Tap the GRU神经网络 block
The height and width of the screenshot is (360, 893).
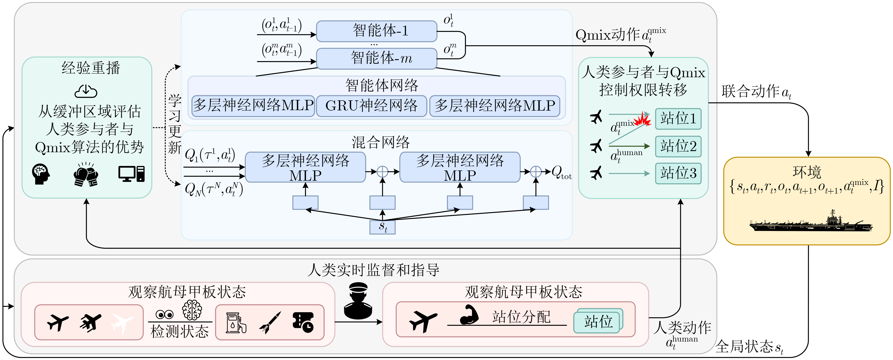[371, 106]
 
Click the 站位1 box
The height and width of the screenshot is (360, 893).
[678, 119]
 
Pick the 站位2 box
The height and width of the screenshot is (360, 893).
[678, 146]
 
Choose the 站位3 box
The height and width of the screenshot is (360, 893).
[678, 173]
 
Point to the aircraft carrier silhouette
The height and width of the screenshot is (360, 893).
[811, 223]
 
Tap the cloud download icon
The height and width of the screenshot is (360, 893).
[86, 91]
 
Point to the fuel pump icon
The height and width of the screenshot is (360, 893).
[236, 323]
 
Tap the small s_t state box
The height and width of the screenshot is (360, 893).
[382, 227]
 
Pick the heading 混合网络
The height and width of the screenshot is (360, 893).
[381, 142]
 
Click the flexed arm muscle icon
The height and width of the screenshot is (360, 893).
[469, 315]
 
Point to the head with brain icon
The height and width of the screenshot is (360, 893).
[41, 174]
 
